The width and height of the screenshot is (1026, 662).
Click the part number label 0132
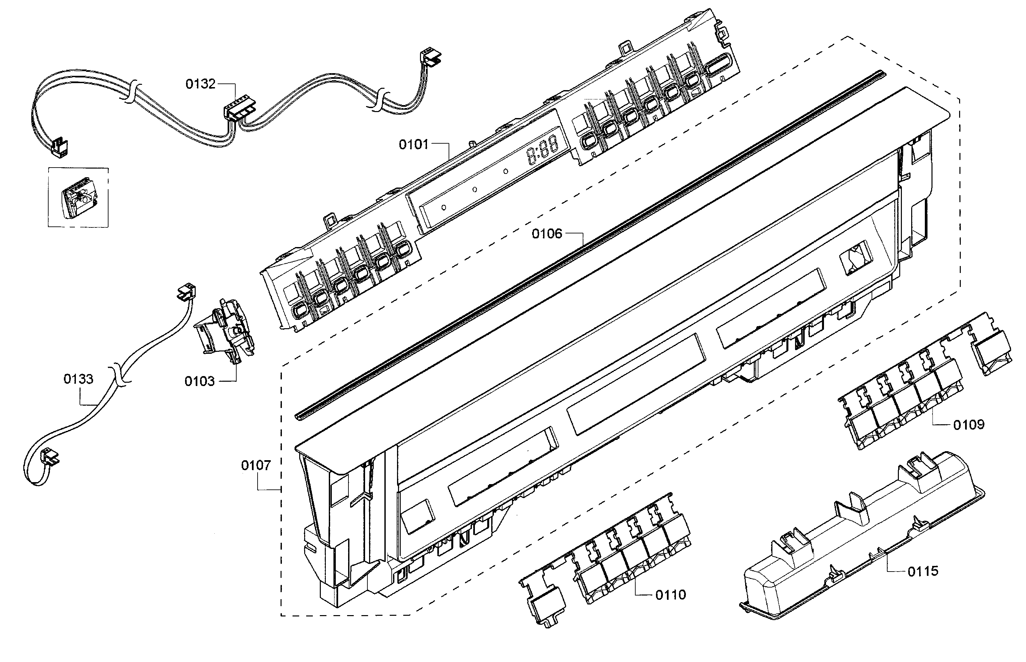click(x=200, y=84)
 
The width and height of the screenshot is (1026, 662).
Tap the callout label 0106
click(x=547, y=234)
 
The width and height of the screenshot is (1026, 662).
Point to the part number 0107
click(x=256, y=465)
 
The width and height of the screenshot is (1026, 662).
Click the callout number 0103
click(x=200, y=381)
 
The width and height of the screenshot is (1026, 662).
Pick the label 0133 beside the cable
click(x=78, y=379)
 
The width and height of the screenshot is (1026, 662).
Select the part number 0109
click(x=969, y=425)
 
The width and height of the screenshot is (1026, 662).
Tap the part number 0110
click(x=671, y=595)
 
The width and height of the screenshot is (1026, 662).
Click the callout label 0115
click(x=923, y=571)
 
